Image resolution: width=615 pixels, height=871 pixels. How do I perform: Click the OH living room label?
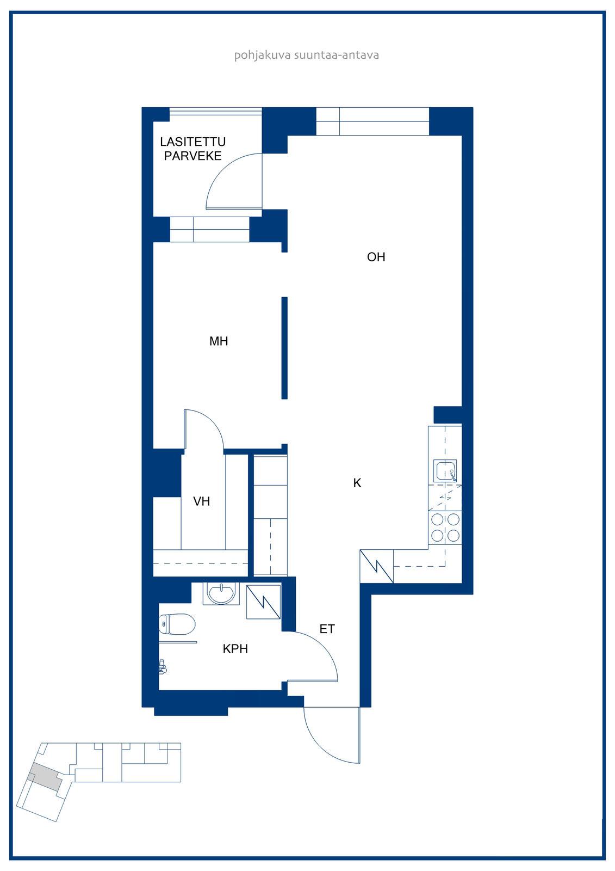pyautogui.click(x=376, y=257)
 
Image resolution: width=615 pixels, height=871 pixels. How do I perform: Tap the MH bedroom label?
pyautogui.click(x=219, y=341)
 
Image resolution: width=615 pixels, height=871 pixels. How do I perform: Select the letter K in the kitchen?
pyautogui.click(x=357, y=483)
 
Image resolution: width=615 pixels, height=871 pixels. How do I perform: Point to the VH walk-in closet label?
pyautogui.click(x=201, y=501)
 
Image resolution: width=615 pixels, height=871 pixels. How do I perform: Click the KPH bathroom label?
pyautogui.click(x=235, y=648)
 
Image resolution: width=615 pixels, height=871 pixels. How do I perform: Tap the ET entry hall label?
pyautogui.click(x=327, y=629)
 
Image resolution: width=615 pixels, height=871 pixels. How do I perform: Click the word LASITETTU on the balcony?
pyautogui.click(x=192, y=142)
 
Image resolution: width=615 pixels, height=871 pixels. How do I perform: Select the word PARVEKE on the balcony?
pyautogui.click(x=192, y=156)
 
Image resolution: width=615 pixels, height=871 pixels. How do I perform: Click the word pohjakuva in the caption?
pyautogui.click(x=262, y=55)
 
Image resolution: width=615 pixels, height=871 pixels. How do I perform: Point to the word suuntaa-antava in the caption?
pyautogui.click(x=337, y=55)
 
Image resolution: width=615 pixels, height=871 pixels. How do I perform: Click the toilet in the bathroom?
pyautogui.click(x=177, y=624)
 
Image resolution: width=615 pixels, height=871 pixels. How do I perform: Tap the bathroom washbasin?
pyautogui.click(x=221, y=594)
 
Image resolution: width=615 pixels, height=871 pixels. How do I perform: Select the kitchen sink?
pyautogui.click(x=445, y=470)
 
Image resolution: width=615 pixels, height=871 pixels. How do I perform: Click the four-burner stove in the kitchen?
pyautogui.click(x=445, y=527)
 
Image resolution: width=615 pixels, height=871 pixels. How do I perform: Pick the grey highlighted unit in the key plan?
pyautogui.click(x=46, y=776)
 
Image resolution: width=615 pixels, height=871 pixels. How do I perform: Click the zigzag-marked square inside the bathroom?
pyautogui.click(x=263, y=602)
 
